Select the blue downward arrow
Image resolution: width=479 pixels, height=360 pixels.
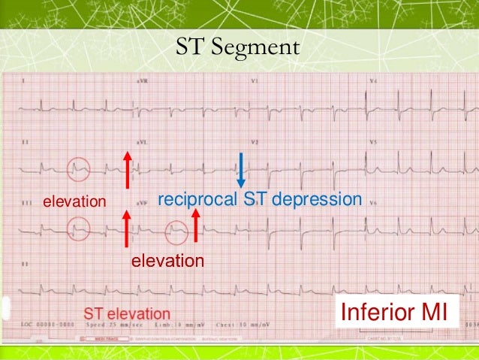(241, 170)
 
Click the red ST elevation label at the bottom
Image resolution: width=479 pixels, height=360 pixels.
(126, 313)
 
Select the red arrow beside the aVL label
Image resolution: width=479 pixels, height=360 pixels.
(128, 169)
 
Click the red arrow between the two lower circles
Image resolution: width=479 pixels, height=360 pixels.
(126, 228)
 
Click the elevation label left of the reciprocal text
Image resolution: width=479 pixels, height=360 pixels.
(74, 201)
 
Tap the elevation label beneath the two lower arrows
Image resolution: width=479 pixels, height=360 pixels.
(167, 261)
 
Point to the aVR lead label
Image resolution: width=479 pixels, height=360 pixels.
(141, 80)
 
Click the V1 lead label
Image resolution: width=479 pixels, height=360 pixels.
(255, 80)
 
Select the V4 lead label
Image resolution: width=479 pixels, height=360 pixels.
(373, 80)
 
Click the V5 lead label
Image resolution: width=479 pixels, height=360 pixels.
(373, 141)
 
